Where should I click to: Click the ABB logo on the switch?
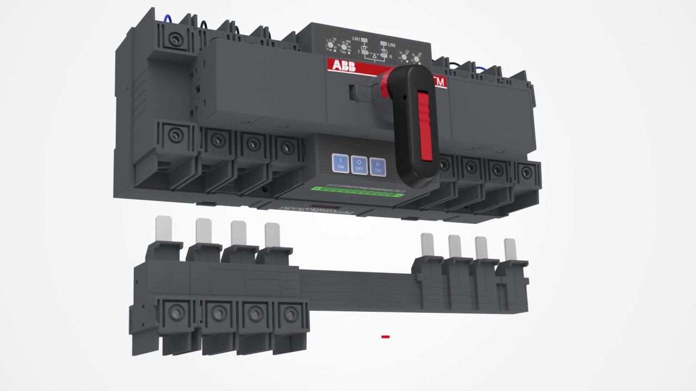[x=342, y=66]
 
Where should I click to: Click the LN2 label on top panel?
[x=391, y=44]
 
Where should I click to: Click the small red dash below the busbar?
[x=386, y=337]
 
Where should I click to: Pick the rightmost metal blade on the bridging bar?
[x=510, y=249]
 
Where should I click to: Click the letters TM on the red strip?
[x=439, y=81]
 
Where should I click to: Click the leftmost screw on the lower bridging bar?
[x=176, y=311]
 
